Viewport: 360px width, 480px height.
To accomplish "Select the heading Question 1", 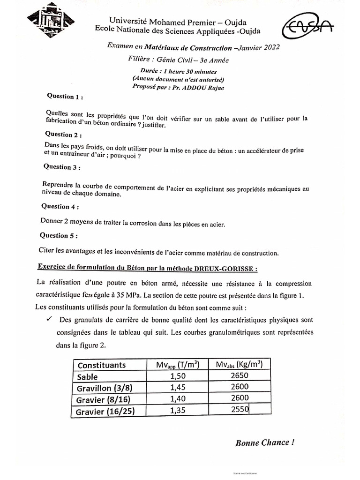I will [x=65, y=97].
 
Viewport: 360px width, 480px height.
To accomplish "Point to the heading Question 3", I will [x=62, y=167].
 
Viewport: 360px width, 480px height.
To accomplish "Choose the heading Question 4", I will [x=60, y=206].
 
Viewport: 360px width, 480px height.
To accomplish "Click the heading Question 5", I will [x=59, y=235].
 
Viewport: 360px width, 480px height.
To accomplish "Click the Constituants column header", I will [x=102, y=365].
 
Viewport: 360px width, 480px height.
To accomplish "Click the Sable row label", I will [x=89, y=376].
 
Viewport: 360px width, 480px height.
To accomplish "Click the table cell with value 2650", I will [x=240, y=375].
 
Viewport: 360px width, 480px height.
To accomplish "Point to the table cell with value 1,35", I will [x=176, y=410].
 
